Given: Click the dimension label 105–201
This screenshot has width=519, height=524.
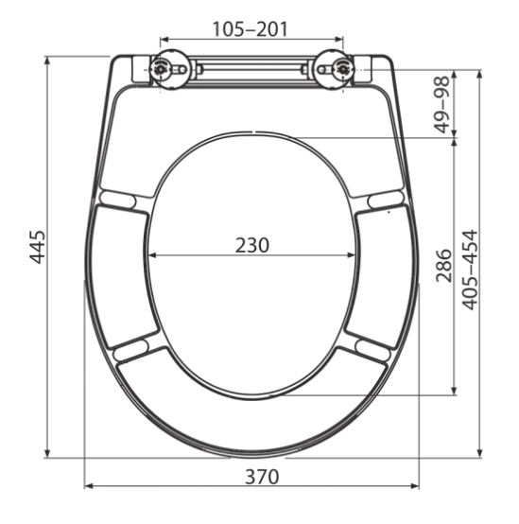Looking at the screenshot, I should pos(251,30).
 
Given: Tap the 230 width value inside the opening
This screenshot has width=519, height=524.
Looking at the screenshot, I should pos(252,245).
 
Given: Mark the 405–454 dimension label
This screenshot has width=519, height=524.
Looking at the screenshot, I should pos(469,269).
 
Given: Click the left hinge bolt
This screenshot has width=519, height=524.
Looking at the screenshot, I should pos(161,68).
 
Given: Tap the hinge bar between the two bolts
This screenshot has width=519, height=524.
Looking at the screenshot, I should pos(251,69).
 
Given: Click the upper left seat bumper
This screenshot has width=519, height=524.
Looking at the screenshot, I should pos(118,199).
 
